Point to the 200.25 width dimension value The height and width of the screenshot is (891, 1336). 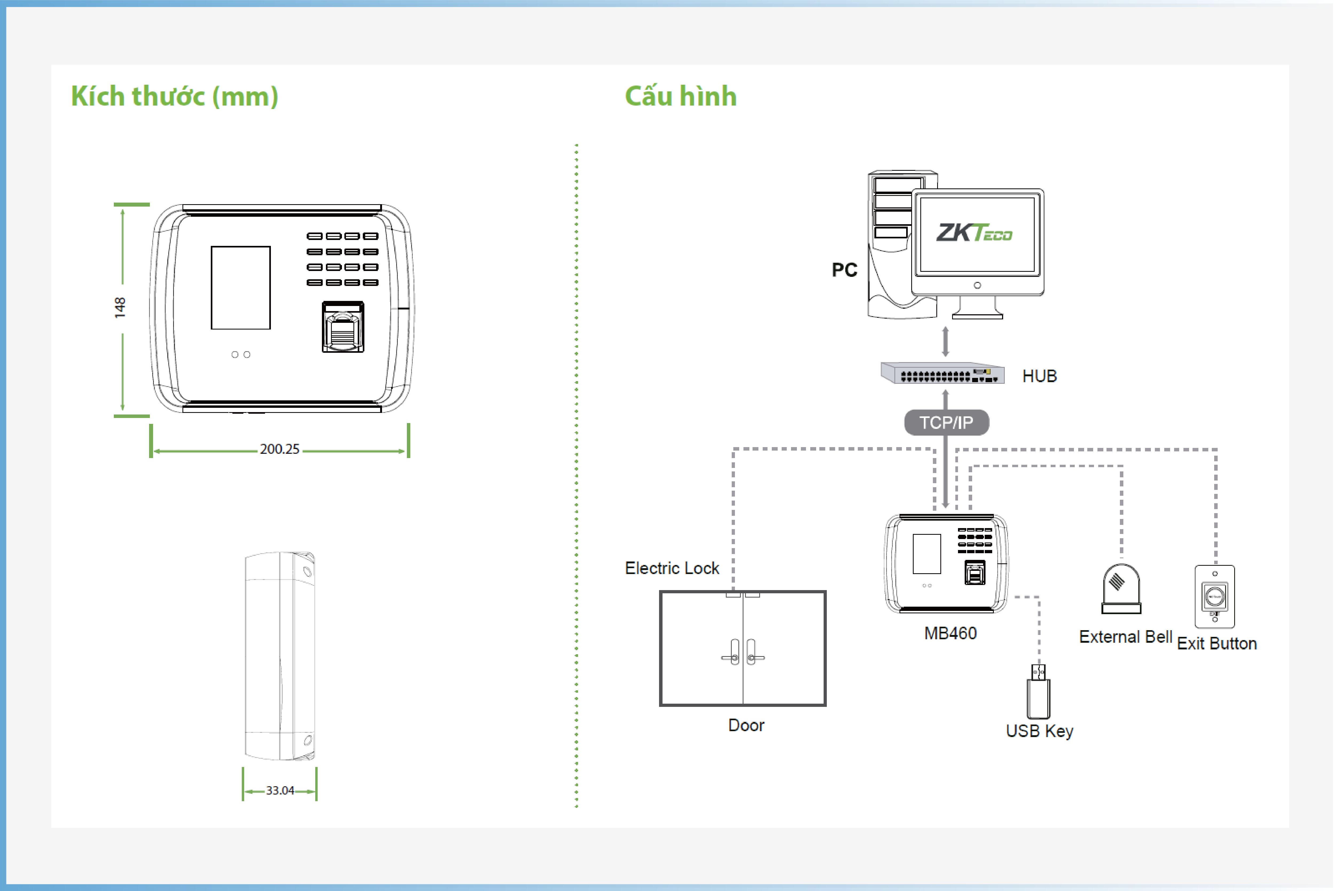[x=279, y=450]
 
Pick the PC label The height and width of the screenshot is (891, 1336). [x=845, y=270]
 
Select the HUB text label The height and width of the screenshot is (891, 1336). [x=1039, y=376]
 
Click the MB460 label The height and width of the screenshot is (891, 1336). [x=950, y=634]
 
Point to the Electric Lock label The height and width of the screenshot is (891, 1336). [x=672, y=568]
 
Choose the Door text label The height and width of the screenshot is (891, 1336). [x=746, y=726]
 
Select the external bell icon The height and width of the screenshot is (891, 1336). [x=1121, y=589]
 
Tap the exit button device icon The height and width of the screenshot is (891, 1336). [x=1215, y=597]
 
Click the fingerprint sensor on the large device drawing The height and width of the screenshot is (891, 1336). [x=343, y=327]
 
